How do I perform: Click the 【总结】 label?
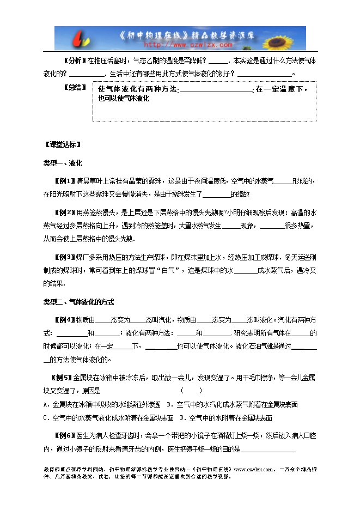75,87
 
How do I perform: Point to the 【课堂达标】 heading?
63,145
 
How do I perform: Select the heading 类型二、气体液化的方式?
78,302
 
